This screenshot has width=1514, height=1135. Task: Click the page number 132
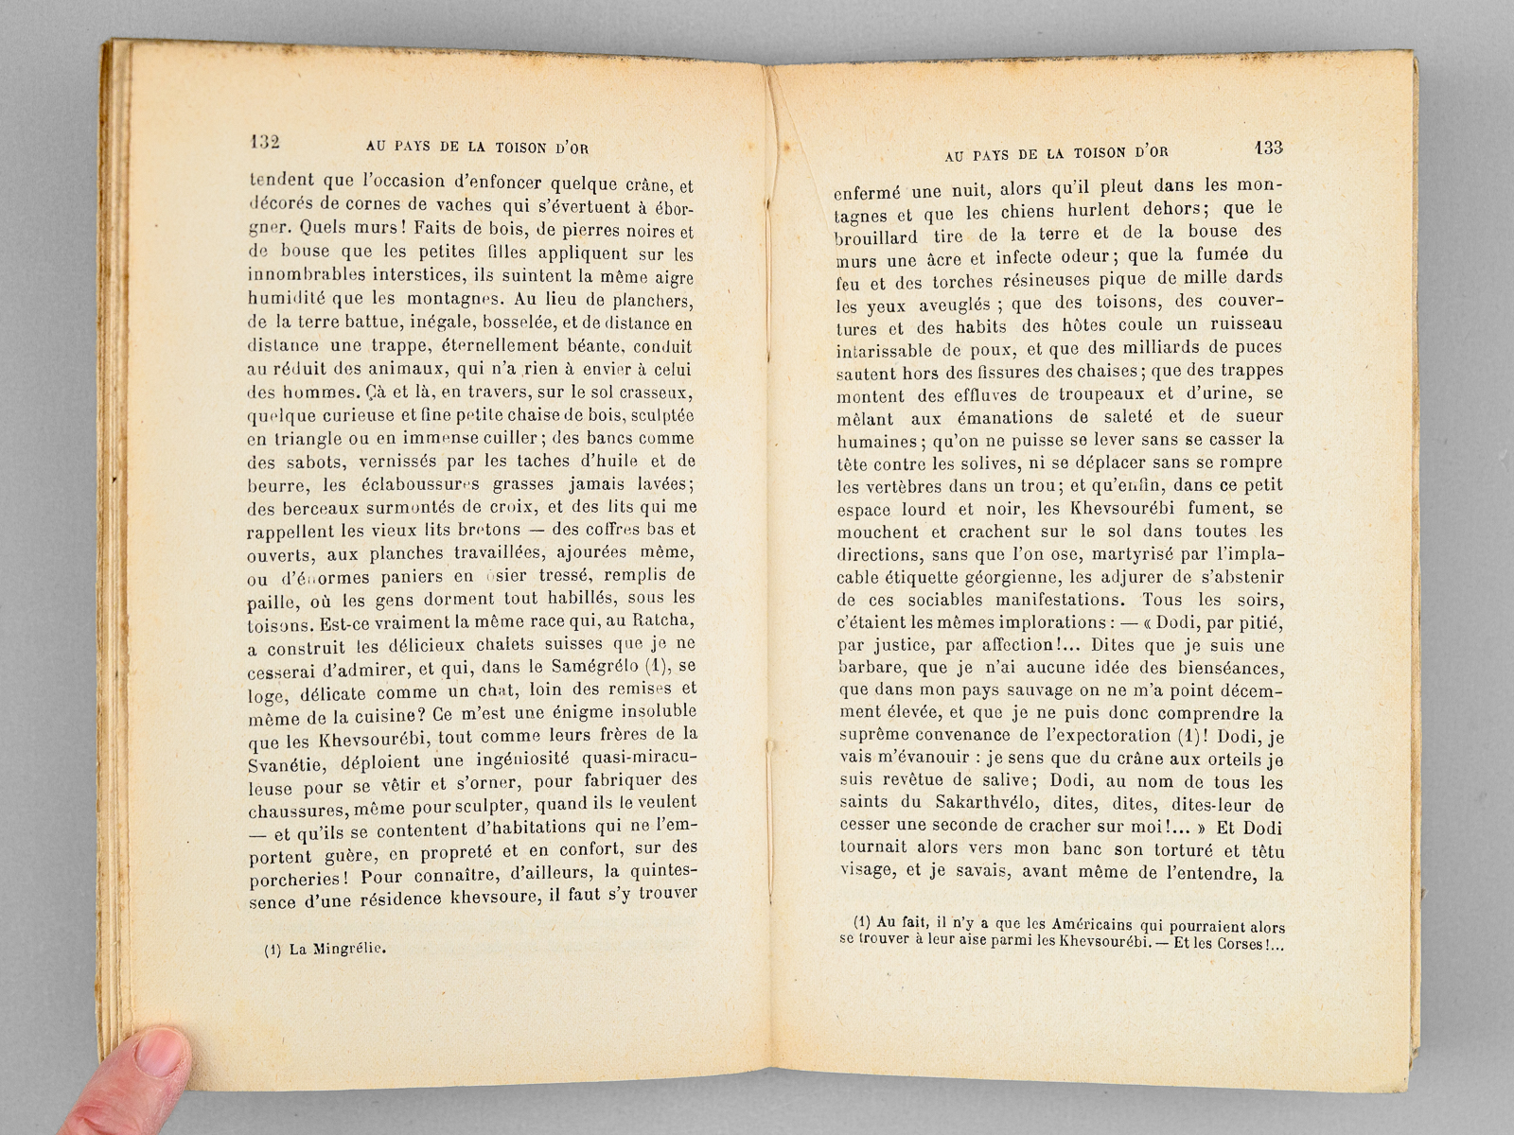266,142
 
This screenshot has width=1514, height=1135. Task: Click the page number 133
1267,148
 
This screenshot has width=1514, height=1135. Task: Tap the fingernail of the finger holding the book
166,1049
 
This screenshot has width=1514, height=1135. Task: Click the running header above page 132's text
483,147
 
